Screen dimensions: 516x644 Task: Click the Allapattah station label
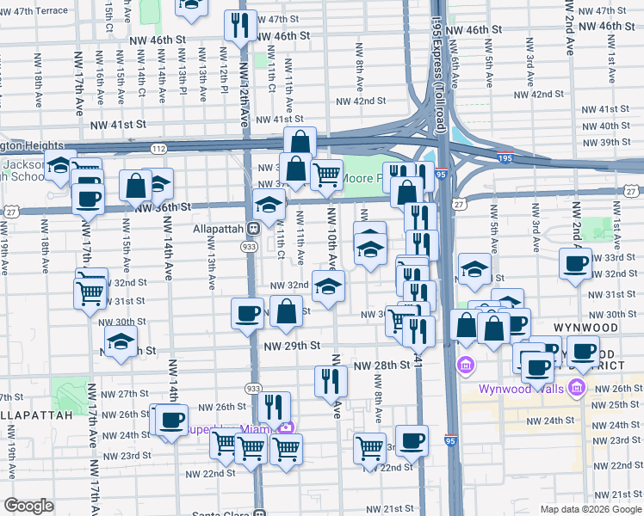pos(216,228)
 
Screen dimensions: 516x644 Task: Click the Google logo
pos(28,506)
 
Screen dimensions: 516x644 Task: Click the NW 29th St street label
pos(292,346)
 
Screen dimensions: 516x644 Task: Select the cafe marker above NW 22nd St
pos(412,439)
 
